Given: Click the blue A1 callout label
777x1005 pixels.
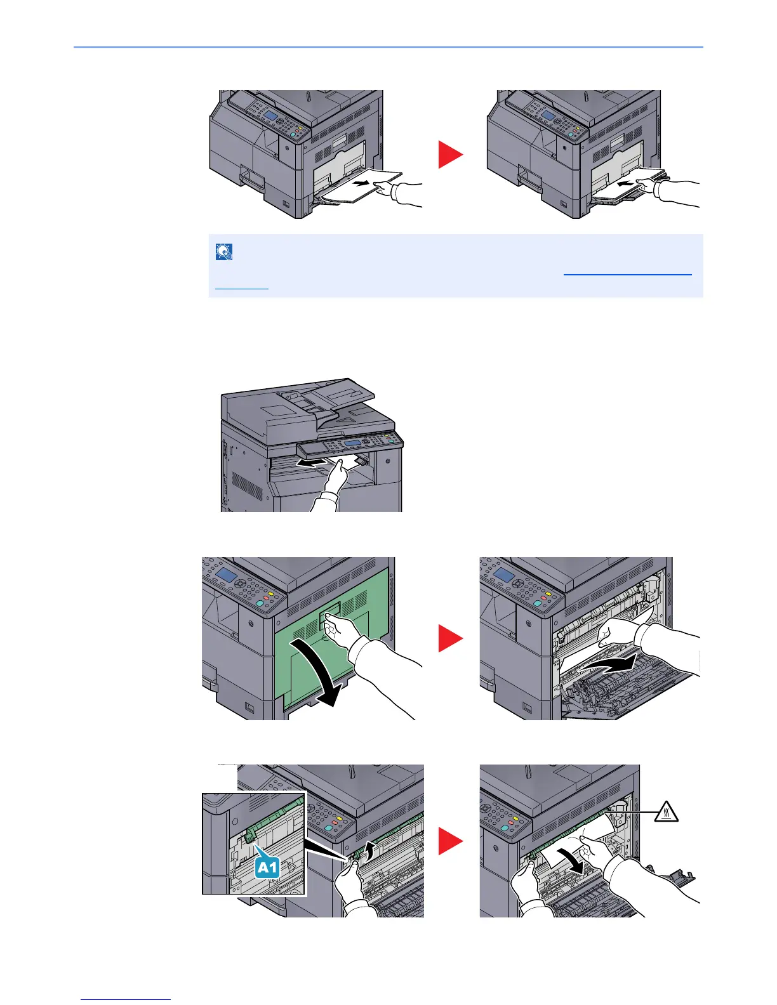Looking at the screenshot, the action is coord(267,867).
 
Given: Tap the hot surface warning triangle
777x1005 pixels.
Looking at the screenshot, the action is coord(666,812).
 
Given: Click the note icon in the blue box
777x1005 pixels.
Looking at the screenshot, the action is coord(224,252).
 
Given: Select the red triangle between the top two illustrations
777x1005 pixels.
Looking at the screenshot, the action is coord(451,154).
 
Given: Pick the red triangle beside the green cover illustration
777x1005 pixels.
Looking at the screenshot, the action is coord(451,638).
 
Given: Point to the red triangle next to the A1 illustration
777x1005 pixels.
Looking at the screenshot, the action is coord(451,841).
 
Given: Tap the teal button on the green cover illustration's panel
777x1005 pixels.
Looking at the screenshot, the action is coord(260,603).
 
